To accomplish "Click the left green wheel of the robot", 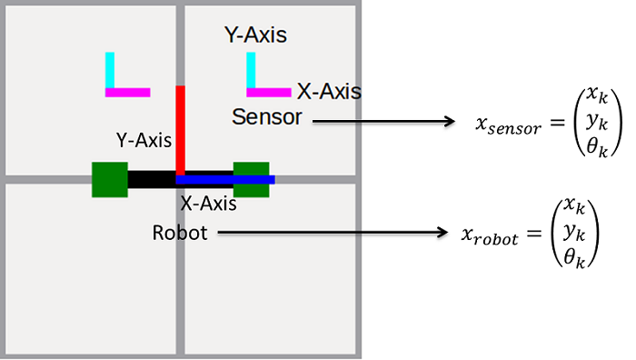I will (109, 179).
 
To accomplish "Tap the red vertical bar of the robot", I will (181, 127).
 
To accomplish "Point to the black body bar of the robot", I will (150, 179).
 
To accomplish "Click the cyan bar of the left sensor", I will (110, 69).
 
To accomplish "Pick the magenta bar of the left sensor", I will (128, 92).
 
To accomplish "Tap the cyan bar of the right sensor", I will (251, 69).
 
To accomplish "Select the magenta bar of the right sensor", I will (269, 92).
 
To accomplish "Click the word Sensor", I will (266, 117).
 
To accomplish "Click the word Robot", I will (180, 234).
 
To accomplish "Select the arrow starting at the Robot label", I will (326, 235).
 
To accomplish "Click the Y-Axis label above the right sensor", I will (255, 35).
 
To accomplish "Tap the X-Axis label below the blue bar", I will (208, 204).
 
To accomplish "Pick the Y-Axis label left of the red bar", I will (144, 140).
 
